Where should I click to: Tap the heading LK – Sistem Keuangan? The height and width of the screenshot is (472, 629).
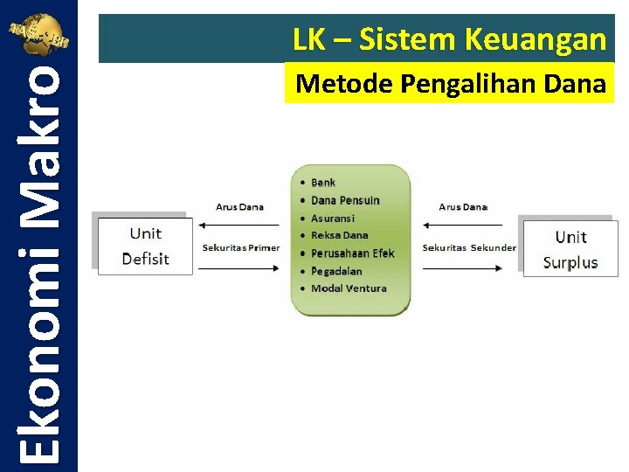coord(449,39)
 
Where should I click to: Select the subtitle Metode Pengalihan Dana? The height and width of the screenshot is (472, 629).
coord(450,84)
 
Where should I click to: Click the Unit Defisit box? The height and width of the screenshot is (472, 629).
coord(145,246)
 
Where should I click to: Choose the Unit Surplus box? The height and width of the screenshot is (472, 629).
coord(570,249)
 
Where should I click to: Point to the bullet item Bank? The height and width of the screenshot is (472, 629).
coord(323,183)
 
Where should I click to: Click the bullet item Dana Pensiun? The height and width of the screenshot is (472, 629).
coord(345,200)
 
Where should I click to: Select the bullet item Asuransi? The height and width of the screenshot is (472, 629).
coord(333,218)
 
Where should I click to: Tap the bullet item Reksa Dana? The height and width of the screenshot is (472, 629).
coord(339,235)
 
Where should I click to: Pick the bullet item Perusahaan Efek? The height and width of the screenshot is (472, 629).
coord(352,253)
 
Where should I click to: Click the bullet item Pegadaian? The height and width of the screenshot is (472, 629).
coord(336,271)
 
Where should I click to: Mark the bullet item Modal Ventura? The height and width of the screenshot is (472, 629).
coord(349,288)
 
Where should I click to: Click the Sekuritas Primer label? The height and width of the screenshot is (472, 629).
coord(241,247)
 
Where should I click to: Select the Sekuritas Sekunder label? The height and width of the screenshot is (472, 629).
coord(469,247)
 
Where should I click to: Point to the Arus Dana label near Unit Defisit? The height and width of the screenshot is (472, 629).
coord(239,207)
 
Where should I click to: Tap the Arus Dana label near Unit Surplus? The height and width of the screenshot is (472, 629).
coord(463,207)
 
